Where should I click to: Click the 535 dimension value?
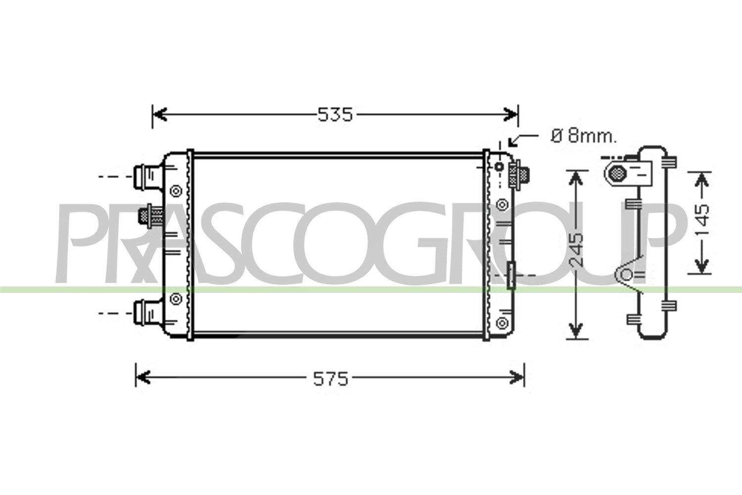point(335,115)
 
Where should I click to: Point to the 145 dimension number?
point(701,220)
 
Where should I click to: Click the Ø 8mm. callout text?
point(584,136)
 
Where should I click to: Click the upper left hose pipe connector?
point(148,177)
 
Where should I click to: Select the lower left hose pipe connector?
point(148,313)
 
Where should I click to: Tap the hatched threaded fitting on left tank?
point(151,216)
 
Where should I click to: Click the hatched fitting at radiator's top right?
point(519,175)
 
